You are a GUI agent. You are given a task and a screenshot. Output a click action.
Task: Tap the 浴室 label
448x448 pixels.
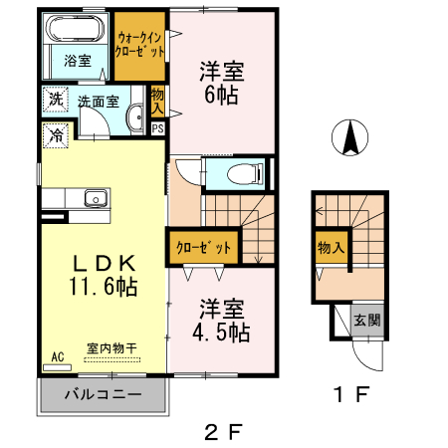coord(78,61)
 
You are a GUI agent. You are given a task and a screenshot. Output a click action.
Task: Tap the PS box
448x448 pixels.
coord(157,127)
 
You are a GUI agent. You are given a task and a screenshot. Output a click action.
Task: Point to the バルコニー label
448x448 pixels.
coord(103,395)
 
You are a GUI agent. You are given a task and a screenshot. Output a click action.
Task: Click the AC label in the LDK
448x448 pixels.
coord(57,355)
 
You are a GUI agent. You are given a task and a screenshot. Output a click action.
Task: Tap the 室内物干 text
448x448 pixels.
coord(111,348)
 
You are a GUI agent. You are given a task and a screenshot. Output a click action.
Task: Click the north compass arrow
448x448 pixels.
coord(349,138)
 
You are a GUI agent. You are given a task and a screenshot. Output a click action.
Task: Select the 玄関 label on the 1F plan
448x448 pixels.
coord(366,321)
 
